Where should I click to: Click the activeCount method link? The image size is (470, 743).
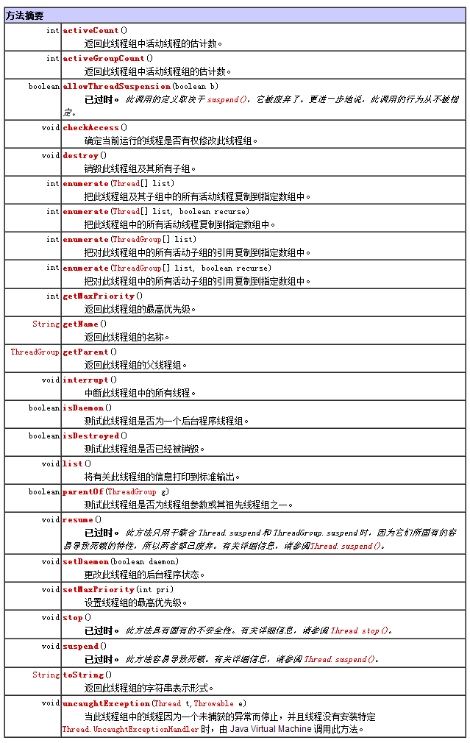pyautogui.click(x=90, y=30)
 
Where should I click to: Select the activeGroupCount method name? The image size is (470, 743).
pyautogui.click(x=104, y=58)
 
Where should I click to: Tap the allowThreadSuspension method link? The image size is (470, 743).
pyautogui.click(x=116, y=86)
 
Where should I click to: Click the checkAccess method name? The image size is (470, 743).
pyautogui.click(x=90, y=127)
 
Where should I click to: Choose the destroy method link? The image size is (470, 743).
pyautogui.click(x=80, y=155)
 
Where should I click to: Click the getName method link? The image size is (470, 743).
pyautogui.click(x=80, y=324)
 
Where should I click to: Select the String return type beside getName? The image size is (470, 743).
pyautogui.click(x=46, y=324)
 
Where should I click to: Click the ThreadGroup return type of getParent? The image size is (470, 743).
pyautogui.click(x=35, y=352)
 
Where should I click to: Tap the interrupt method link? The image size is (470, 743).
pyautogui.click(x=85, y=380)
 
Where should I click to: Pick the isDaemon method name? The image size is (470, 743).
pyautogui.click(x=82, y=408)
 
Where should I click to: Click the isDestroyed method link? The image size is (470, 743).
pyautogui.click(x=90, y=436)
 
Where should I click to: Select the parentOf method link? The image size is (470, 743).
pyautogui.click(x=82, y=491)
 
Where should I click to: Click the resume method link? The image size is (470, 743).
pyautogui.click(x=77, y=519)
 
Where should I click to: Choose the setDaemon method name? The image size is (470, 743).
pyautogui.click(x=85, y=561)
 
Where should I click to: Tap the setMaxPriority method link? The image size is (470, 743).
pyautogui.click(x=99, y=589)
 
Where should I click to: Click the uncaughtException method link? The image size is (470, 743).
pyautogui.click(x=106, y=703)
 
